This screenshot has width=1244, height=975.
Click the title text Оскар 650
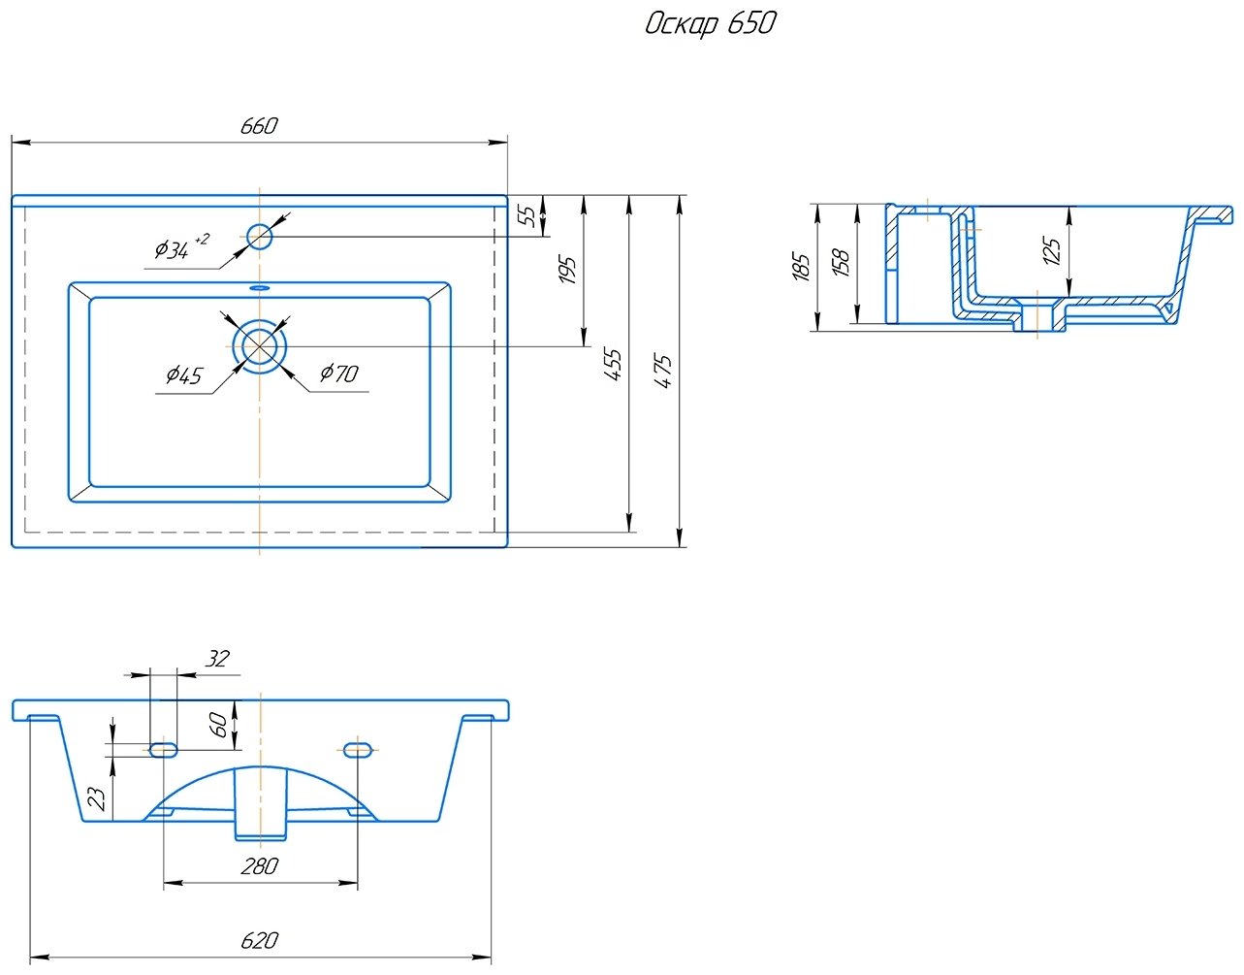pos(710,23)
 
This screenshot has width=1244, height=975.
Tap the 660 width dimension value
pos(259,126)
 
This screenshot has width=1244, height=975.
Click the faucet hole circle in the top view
pos(260,236)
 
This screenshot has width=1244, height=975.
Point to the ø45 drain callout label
pos(183,374)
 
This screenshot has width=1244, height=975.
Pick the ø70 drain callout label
pos(338,373)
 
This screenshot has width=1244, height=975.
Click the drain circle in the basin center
pos(260,345)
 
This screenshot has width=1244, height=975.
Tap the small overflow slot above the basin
pos(260,288)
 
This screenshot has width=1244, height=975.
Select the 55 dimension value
pos(528,215)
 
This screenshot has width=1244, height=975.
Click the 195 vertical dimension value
pos(568,270)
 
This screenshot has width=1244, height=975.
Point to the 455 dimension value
pos(614,363)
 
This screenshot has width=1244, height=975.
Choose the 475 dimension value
pos(663,372)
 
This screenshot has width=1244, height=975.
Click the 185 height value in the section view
pos(801,266)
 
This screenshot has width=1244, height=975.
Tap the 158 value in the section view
pos(842,263)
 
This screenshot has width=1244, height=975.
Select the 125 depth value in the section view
pos(1051,249)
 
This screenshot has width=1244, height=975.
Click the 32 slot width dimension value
pos(217,659)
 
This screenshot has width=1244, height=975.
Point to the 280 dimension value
pos(259,866)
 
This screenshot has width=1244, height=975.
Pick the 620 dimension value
pos(259,940)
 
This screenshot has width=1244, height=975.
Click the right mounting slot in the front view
pos(359,749)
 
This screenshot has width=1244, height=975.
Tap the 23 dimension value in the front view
pos(97,797)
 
